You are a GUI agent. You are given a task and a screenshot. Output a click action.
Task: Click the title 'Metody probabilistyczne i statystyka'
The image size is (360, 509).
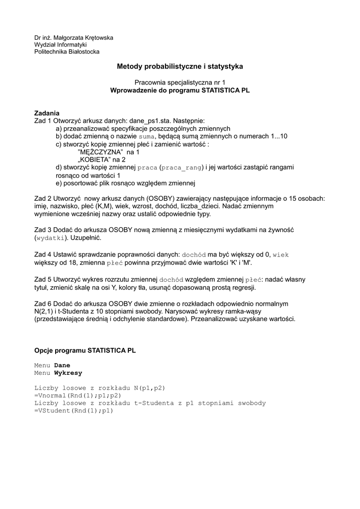180,66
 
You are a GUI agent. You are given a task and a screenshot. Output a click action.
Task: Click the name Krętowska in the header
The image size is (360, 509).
99,37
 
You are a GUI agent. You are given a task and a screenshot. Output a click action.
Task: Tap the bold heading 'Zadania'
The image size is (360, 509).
47,113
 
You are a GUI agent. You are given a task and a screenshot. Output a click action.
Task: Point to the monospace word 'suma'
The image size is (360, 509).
147,136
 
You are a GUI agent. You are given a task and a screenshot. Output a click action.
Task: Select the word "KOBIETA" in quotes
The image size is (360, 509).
94,160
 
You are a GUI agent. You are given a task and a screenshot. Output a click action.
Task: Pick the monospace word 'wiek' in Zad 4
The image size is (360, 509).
281,254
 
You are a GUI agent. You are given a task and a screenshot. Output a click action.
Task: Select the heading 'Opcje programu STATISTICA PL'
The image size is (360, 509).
85,350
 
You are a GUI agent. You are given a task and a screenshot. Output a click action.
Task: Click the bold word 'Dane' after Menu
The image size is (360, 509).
62,365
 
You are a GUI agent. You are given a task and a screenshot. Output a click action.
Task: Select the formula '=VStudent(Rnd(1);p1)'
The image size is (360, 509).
74,411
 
